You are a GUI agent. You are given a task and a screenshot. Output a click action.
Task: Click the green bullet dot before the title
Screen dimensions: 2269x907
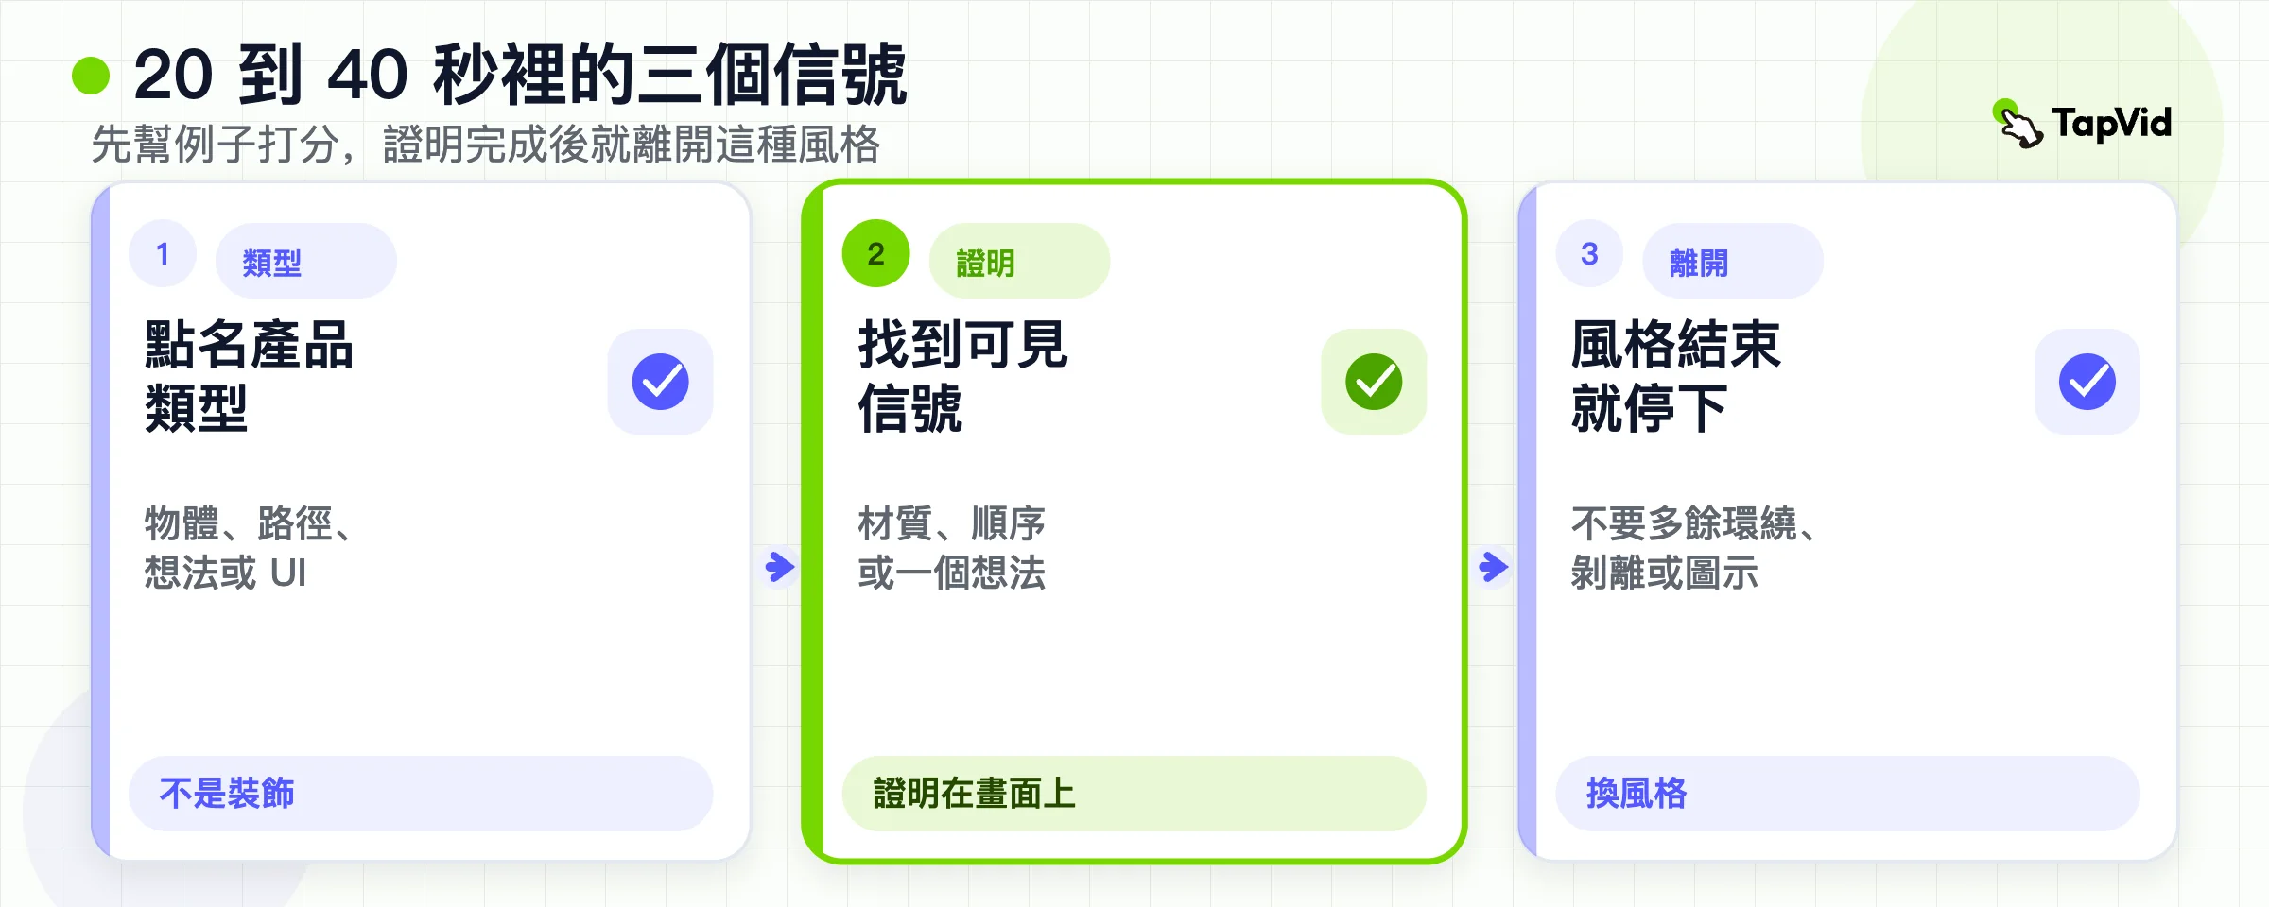pyautogui.click(x=91, y=76)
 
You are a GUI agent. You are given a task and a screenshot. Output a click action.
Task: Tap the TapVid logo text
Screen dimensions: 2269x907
pyautogui.click(x=2111, y=124)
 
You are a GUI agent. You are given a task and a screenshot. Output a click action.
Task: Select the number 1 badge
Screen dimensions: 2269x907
pyautogui.click(x=163, y=253)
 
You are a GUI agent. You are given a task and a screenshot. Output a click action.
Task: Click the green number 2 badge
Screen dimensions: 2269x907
pyautogui.click(x=876, y=253)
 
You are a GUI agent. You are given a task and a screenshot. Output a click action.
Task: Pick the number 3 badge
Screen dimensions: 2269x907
pyautogui.click(x=1589, y=253)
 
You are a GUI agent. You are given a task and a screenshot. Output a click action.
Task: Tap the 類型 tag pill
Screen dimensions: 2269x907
pyautogui.click(x=306, y=261)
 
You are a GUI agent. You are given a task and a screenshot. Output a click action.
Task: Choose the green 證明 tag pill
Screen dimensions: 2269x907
pyautogui.click(x=1020, y=261)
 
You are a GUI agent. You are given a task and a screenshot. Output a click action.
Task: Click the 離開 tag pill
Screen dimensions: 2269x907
pyautogui.click(x=1733, y=261)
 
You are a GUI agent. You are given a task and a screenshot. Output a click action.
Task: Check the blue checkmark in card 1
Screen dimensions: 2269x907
pyautogui.click(x=661, y=382)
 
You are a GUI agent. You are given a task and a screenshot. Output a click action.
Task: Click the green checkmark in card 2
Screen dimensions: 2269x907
pyautogui.click(x=1374, y=382)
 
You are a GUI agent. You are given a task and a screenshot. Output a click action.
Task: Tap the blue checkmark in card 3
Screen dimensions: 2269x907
pyautogui.click(x=2087, y=382)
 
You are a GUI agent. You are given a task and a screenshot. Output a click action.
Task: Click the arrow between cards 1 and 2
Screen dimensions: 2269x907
pyautogui.click(x=780, y=567)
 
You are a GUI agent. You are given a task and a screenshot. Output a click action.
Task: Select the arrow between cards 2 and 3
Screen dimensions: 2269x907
pyautogui.click(x=1494, y=567)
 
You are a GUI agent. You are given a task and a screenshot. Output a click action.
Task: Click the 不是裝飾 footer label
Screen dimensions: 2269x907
pyautogui.click(x=227, y=794)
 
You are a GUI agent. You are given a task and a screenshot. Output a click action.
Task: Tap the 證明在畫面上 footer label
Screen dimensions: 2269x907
pyautogui.click(x=975, y=794)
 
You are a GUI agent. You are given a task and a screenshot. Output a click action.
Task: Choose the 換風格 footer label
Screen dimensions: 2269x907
pyautogui.click(x=1637, y=794)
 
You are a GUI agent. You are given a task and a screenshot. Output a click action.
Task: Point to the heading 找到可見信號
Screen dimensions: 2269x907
pyautogui.click(x=963, y=376)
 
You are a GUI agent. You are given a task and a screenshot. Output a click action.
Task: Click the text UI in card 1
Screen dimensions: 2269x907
pyautogui.click(x=288, y=573)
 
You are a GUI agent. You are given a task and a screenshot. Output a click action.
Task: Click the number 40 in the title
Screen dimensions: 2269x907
pyautogui.click(x=368, y=75)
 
